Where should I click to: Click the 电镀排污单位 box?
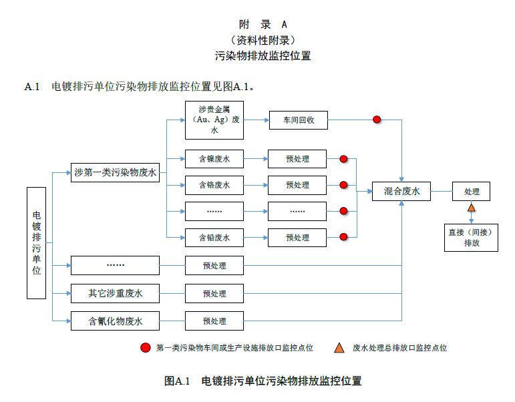click(x=37, y=242)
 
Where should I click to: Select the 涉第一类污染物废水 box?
click(x=115, y=173)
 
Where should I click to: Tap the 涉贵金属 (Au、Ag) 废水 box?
click(x=214, y=120)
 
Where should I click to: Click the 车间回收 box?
click(x=297, y=120)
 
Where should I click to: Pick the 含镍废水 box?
click(x=214, y=159)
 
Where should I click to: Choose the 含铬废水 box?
click(x=214, y=184)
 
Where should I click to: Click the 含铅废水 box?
click(x=214, y=237)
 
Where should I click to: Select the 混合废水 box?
click(x=401, y=192)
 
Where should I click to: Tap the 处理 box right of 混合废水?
click(x=472, y=192)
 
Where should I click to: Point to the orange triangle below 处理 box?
click(x=472, y=208)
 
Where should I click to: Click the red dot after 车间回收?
click(x=377, y=120)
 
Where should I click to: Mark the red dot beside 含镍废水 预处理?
click(x=344, y=159)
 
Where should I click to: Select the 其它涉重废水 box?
click(x=115, y=293)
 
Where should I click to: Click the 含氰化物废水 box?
click(x=115, y=321)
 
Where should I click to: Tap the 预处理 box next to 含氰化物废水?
click(x=214, y=321)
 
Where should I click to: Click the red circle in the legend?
click(x=146, y=347)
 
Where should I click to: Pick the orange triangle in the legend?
click(x=339, y=347)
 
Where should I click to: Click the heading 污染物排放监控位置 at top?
click(x=263, y=56)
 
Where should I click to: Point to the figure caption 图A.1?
click(x=263, y=381)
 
